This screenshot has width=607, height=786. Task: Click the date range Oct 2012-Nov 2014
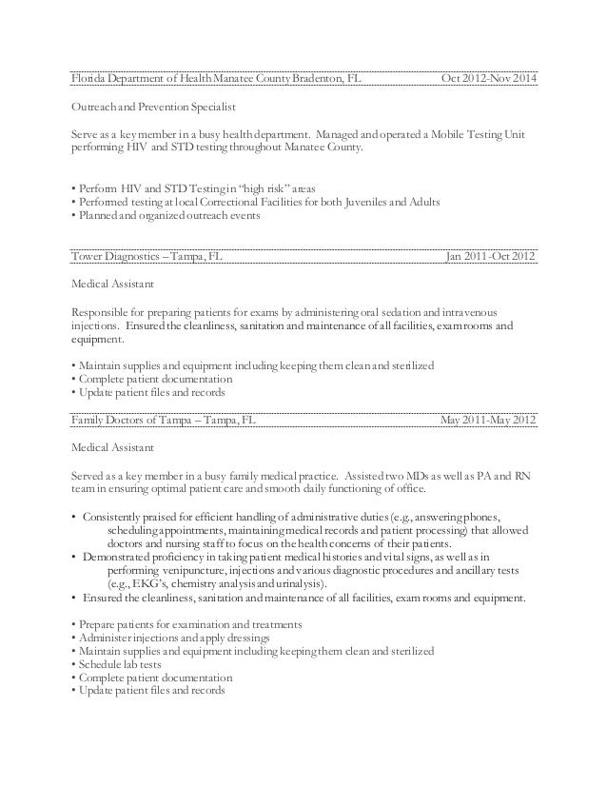pos(488,76)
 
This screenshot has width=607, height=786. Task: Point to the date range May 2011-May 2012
pos(488,420)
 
